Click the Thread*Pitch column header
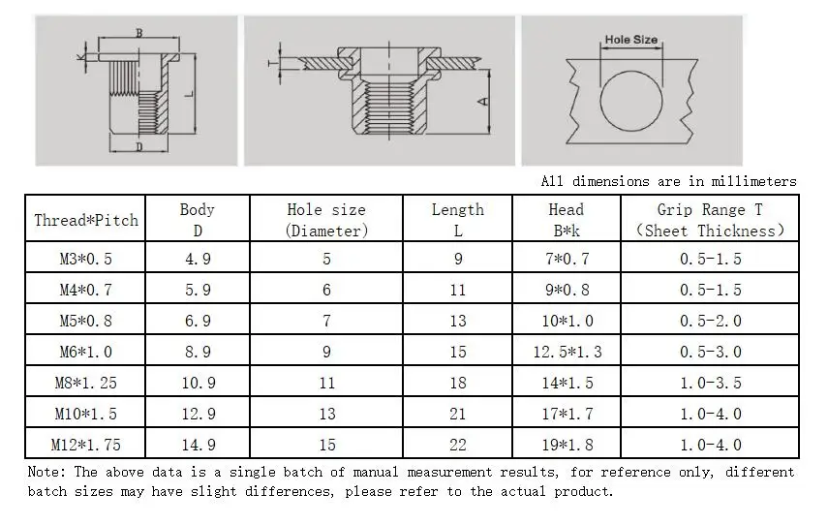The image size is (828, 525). pos(86,220)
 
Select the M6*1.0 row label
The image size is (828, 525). pos(86,352)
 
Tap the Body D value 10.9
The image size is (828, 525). pos(198,383)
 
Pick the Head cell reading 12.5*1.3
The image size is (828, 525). pos(567,352)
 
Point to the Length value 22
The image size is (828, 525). pos(458,445)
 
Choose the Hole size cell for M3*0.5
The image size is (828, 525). pos(326,259)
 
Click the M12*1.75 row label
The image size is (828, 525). pos(86,445)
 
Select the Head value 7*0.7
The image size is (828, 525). pos(567,259)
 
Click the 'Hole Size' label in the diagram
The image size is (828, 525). pos(630,41)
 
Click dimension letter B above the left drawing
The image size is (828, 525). pos(139,33)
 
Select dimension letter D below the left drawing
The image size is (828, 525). pos(139,147)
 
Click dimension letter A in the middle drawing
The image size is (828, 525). pos(481,99)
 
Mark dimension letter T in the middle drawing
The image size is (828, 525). pos(270,63)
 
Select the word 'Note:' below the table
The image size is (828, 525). pos(46,472)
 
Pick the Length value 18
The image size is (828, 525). pos(458,383)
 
